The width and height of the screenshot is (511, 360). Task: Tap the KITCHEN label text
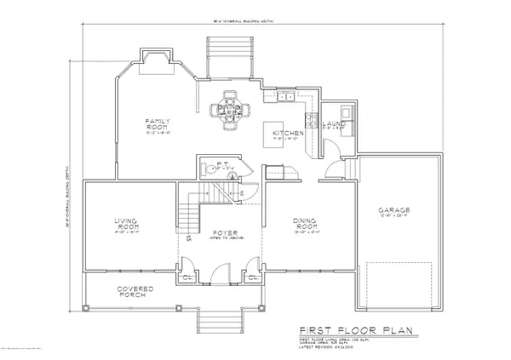283,134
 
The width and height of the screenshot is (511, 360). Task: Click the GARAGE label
395,209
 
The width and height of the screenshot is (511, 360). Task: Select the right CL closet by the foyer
253,277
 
